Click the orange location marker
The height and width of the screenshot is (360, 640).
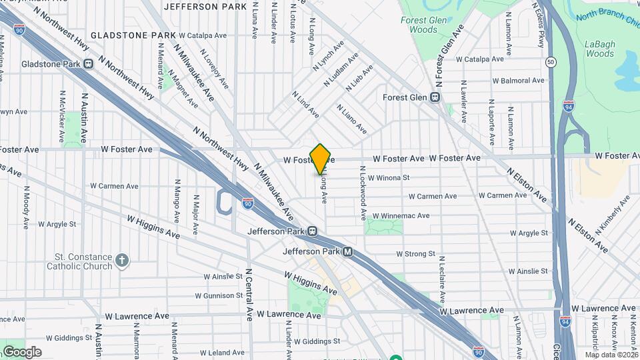321,159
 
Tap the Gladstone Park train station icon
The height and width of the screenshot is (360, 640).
89,64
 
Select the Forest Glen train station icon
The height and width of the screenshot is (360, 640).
435,97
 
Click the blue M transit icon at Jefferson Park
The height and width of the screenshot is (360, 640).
347,252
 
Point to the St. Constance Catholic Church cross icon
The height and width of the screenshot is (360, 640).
121,260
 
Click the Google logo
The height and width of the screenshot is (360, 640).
21,351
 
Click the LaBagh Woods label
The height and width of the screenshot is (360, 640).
599,49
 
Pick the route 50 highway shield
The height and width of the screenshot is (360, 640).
550,62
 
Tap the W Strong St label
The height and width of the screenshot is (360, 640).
415,254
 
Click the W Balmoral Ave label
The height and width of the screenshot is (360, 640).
519,81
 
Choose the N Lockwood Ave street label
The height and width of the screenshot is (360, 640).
363,193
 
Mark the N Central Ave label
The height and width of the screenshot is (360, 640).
250,294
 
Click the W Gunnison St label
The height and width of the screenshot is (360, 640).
219,295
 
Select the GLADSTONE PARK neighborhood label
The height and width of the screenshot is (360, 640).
133,35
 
